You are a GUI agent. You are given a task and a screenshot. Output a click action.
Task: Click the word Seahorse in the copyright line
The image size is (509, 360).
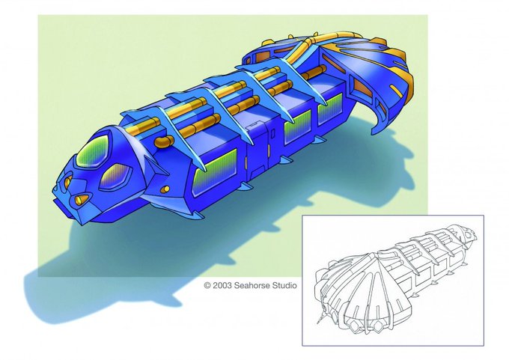(252, 286)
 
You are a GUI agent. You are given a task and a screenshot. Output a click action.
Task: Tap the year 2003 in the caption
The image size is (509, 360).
(222, 286)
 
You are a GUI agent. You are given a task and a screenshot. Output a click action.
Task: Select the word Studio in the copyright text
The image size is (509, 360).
(284, 286)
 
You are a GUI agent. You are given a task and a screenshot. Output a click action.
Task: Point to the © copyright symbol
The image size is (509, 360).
(207, 286)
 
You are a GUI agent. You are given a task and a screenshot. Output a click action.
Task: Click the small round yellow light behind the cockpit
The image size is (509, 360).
(165, 189)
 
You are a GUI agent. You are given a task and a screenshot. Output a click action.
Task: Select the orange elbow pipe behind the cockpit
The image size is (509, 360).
(164, 141)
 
